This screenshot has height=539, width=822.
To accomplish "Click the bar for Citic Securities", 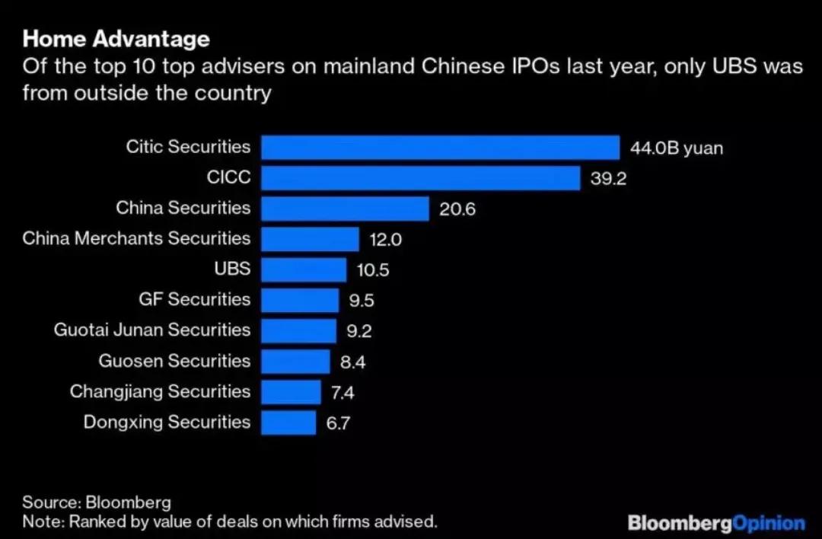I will [x=440, y=147].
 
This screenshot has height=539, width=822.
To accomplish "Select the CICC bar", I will [x=421, y=178].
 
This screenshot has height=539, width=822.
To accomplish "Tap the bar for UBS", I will [x=304, y=269].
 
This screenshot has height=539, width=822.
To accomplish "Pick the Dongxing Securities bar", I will [x=288, y=423].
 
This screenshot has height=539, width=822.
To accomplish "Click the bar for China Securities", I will [x=346, y=209].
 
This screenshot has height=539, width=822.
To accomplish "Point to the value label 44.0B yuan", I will [x=676, y=148].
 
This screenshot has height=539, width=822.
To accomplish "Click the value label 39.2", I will [x=608, y=178].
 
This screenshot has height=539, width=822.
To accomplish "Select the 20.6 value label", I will [x=457, y=209].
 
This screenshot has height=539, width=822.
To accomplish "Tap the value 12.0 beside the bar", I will [x=385, y=240].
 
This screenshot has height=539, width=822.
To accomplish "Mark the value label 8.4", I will [x=352, y=362].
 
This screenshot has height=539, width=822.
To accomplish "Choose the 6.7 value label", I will [x=338, y=423].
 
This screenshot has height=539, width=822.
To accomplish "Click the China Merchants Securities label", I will [x=136, y=238].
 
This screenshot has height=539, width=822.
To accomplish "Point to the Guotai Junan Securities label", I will [x=151, y=330].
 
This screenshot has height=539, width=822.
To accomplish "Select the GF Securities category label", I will [x=194, y=299].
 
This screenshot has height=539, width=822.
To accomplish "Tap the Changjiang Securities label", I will [x=160, y=391].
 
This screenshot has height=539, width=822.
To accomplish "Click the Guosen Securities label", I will [x=174, y=361].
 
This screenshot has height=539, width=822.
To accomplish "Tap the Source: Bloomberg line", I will [x=97, y=502].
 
